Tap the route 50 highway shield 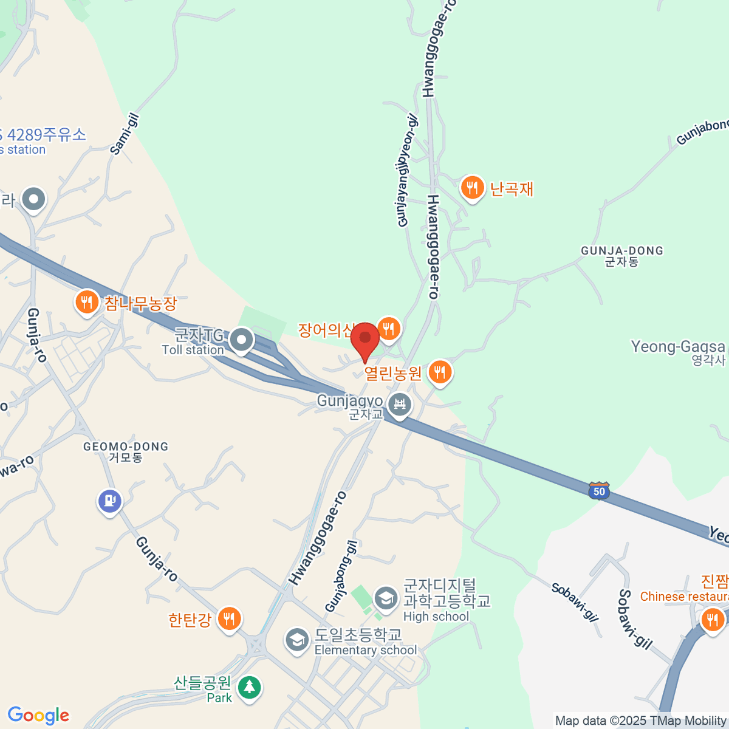tap(599, 491)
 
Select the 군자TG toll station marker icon tap(242, 341)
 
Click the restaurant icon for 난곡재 tap(472, 187)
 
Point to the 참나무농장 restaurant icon tap(87, 301)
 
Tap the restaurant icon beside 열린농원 tap(440, 372)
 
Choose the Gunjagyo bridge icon tap(400, 404)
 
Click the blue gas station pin tap(110, 501)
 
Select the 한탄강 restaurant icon tap(229, 618)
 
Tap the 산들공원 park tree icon tap(248, 688)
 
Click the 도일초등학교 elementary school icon tap(297, 640)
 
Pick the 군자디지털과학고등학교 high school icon tap(385, 599)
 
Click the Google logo tap(38, 716)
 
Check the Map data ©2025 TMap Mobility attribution tap(641, 721)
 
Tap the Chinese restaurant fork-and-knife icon tap(711, 620)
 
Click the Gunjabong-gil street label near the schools tap(341, 576)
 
